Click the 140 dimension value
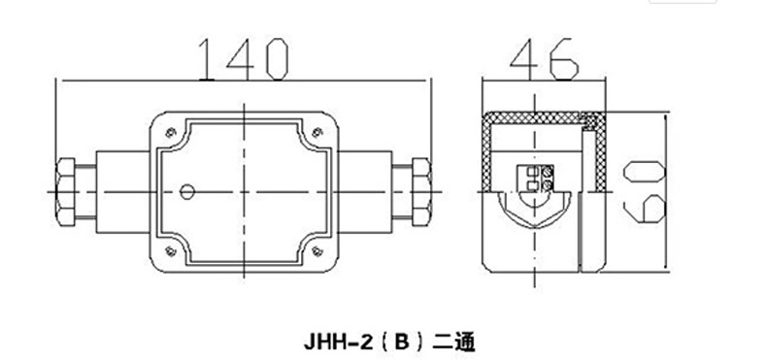[243, 58]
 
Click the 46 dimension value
[544, 58]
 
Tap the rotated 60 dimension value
[645, 191]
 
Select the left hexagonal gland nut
[65, 192]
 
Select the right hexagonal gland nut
[421, 192]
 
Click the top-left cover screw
[170, 132]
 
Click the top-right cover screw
[317, 132]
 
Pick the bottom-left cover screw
[170, 251]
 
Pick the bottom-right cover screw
[317, 251]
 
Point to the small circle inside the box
[186, 192]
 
